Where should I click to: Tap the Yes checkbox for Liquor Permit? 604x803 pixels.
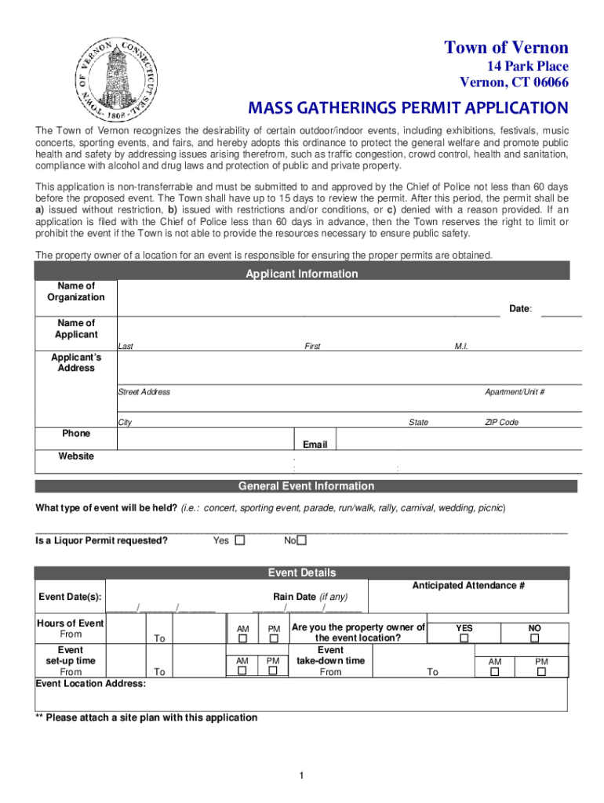click(240, 540)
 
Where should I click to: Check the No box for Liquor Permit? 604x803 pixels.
click(301, 540)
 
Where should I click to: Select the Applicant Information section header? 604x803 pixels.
click(301, 274)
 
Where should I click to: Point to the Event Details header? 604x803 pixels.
click(301, 572)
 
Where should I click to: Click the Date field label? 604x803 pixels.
click(520, 309)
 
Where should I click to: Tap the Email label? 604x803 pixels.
click(315, 445)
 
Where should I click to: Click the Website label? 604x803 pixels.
click(76, 456)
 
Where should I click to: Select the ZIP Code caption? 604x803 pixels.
click(501, 423)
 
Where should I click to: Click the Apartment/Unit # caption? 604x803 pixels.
click(515, 392)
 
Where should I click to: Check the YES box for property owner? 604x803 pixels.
click(464, 638)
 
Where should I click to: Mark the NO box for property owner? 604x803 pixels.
click(534, 638)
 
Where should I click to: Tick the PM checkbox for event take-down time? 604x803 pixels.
click(541, 672)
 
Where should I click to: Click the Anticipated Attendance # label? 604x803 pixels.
click(468, 586)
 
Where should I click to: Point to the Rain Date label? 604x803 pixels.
click(310, 597)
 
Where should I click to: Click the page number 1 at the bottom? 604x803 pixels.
click(301, 776)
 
